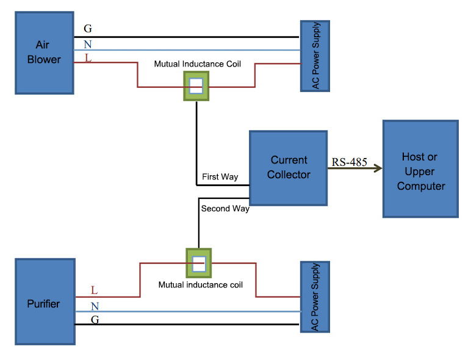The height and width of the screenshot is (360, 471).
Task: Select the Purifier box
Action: [x=45, y=302]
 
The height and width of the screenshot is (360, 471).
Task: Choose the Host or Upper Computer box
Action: [x=420, y=169]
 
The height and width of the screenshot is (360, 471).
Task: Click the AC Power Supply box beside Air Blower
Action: [x=315, y=56]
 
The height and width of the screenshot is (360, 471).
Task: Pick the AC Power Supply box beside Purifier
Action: [x=315, y=297]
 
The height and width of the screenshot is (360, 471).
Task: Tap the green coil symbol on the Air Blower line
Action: [x=196, y=86]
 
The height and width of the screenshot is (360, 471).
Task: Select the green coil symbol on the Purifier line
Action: [x=198, y=263]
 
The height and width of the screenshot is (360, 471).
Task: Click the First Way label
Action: [x=220, y=177]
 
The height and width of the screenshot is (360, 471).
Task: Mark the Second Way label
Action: [x=225, y=209]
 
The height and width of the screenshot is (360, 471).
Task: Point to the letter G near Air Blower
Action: [x=88, y=29]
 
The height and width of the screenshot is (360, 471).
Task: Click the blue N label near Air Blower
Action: [x=88, y=44]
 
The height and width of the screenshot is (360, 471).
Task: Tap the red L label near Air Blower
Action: [x=88, y=59]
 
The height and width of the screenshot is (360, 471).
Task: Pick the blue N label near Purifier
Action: [x=94, y=306]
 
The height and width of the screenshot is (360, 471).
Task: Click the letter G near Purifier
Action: [x=94, y=319]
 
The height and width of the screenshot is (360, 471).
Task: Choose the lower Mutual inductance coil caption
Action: [x=200, y=285]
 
